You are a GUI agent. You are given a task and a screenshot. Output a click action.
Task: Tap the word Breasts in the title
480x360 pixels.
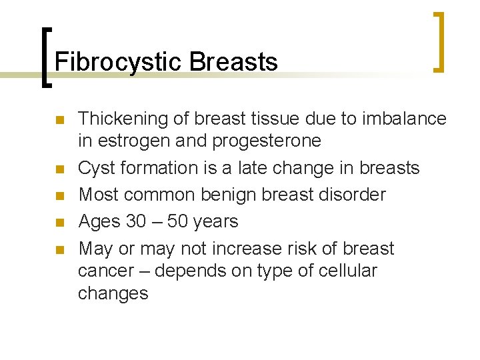(x=233, y=62)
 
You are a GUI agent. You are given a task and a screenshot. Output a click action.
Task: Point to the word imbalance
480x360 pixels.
(x=404, y=119)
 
